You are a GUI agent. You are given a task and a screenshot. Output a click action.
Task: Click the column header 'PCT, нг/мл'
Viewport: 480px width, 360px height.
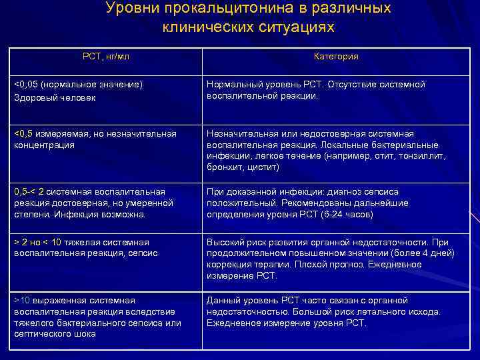pos(105,57)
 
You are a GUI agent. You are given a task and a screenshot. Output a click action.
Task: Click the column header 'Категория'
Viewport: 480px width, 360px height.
pos(336,57)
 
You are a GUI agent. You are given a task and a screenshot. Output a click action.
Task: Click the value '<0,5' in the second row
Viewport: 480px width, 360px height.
pos(23,133)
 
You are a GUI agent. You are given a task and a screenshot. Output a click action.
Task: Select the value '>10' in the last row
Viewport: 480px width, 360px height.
pos(22,300)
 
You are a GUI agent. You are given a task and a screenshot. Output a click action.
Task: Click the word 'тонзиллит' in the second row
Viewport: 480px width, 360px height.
pos(423,155)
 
